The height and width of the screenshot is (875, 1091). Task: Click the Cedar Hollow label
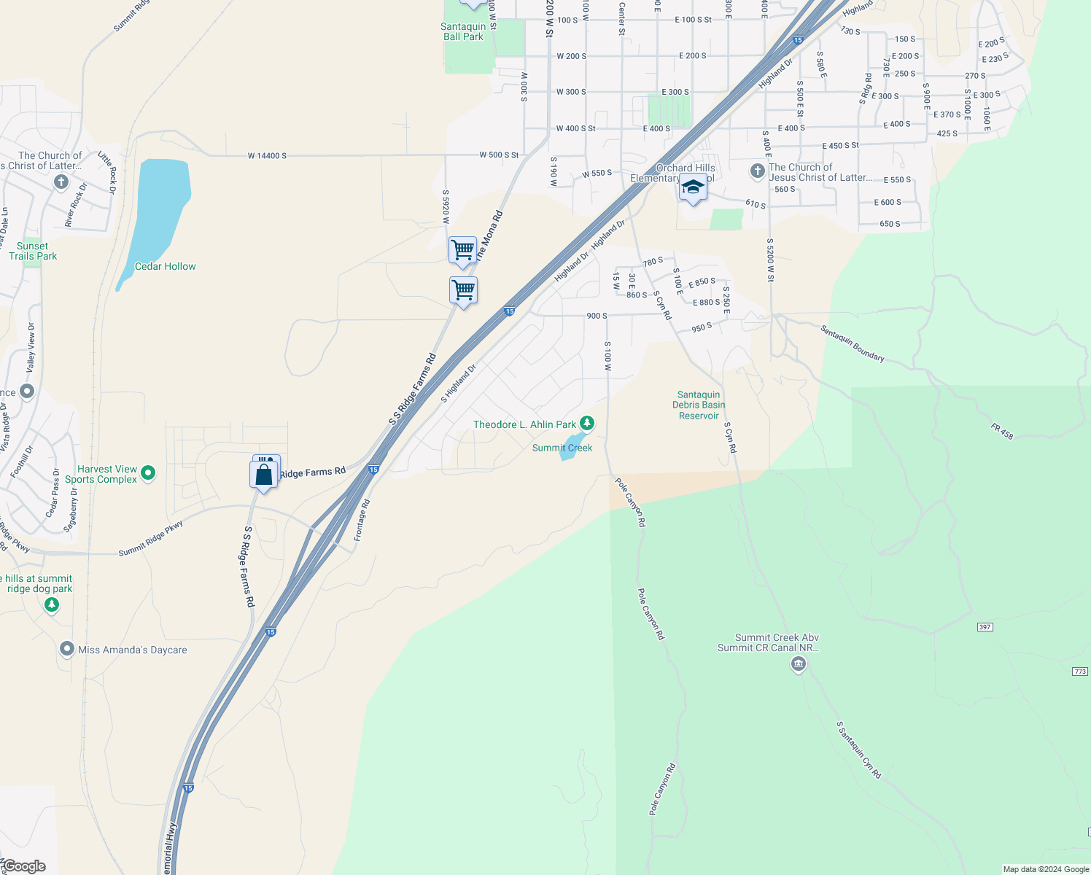tap(165, 266)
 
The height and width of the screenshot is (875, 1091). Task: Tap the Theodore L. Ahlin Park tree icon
tap(587, 423)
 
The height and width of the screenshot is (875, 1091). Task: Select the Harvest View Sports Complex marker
tap(148, 473)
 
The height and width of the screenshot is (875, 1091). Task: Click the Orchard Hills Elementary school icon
tap(692, 188)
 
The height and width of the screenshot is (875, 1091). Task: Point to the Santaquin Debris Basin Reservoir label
tap(699, 405)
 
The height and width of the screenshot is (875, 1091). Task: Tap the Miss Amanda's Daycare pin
tap(67, 649)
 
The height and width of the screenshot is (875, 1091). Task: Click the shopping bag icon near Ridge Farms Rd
tap(263, 475)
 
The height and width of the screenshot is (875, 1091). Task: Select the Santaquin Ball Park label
tap(463, 31)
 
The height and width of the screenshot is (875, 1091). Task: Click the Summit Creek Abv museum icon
tap(799, 664)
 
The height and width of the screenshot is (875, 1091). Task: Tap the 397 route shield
tap(985, 627)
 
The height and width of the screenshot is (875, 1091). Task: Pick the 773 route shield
tap(1080, 672)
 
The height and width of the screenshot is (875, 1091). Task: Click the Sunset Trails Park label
tap(33, 251)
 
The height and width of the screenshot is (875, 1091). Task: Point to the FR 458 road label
tap(1002, 431)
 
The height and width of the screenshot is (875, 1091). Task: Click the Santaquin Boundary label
tap(853, 343)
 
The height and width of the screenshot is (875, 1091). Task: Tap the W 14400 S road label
tap(267, 156)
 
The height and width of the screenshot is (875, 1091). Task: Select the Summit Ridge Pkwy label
tap(151, 538)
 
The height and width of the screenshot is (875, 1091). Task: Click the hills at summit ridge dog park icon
tap(51, 604)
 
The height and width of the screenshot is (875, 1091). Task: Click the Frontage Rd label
tap(362, 520)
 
